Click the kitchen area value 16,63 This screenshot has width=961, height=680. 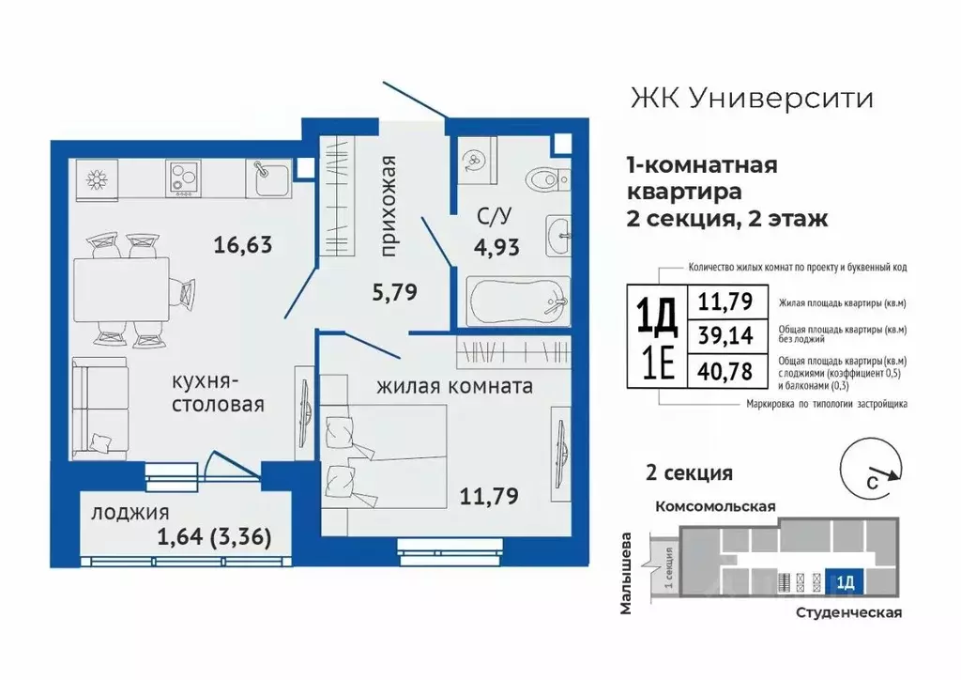click(242, 246)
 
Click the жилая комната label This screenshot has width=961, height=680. click(455, 385)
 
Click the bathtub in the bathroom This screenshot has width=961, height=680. click(516, 301)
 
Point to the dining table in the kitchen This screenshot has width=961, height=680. click(122, 287)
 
